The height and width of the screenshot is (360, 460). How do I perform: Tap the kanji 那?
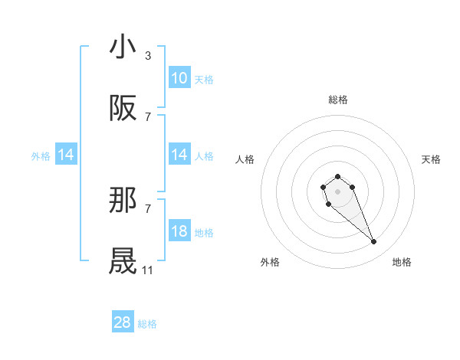click(x=123, y=201)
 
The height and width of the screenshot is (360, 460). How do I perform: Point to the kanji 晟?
click(x=123, y=261)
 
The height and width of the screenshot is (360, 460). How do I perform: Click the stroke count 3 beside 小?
click(x=148, y=55)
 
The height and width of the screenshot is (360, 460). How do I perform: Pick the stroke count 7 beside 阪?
click(x=148, y=116)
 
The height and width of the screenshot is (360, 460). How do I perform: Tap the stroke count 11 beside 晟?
click(x=148, y=270)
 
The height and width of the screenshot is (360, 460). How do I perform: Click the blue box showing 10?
click(x=179, y=78)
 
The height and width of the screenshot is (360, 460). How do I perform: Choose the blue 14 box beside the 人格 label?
click(x=179, y=155)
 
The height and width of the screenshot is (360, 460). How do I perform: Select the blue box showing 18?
click(x=179, y=231)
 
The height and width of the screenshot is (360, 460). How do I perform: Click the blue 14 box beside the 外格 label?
click(x=66, y=155)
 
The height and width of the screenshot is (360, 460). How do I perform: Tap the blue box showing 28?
click(x=123, y=322)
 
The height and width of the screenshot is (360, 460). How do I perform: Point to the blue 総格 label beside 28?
click(x=147, y=324)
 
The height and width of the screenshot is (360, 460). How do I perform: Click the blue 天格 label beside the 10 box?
click(x=204, y=80)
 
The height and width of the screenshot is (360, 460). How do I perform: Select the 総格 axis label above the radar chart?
click(x=337, y=100)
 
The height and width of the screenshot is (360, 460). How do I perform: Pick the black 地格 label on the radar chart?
click(x=402, y=263)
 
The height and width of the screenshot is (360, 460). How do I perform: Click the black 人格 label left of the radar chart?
click(x=245, y=159)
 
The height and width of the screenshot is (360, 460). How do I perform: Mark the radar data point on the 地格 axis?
click(x=373, y=242)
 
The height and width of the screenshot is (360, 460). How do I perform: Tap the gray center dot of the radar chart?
click(x=337, y=190)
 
